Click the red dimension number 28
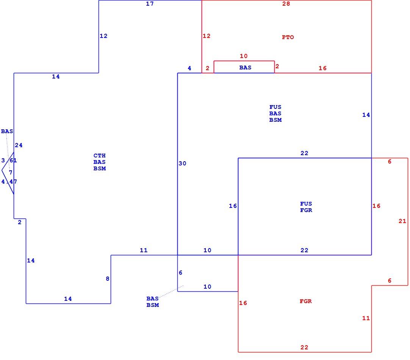pyautogui.click(x=286, y=4)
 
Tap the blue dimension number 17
pyautogui.click(x=150, y=4)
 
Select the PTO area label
pyautogui.click(x=288, y=37)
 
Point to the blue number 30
pyautogui.click(x=182, y=163)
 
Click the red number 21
pyautogui.click(x=402, y=221)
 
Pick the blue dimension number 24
pyautogui.click(x=19, y=145)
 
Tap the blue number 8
pyautogui.click(x=108, y=278)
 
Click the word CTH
pyautogui.click(x=100, y=156)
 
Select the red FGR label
pyautogui.click(x=306, y=301)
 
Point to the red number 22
pyautogui.click(x=304, y=347)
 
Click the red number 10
pyautogui.click(x=243, y=56)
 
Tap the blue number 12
pyautogui.click(x=103, y=36)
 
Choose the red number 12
pyautogui.click(x=206, y=36)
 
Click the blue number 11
pyautogui.click(x=144, y=250)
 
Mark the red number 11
pyautogui.click(x=366, y=318)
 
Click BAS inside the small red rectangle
pyautogui.click(x=245, y=68)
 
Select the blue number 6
pyautogui.click(x=180, y=272)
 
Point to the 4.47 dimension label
pyautogui.click(x=9, y=181)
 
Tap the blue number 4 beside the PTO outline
pyautogui.click(x=189, y=68)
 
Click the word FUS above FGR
pyautogui.click(x=306, y=204)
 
